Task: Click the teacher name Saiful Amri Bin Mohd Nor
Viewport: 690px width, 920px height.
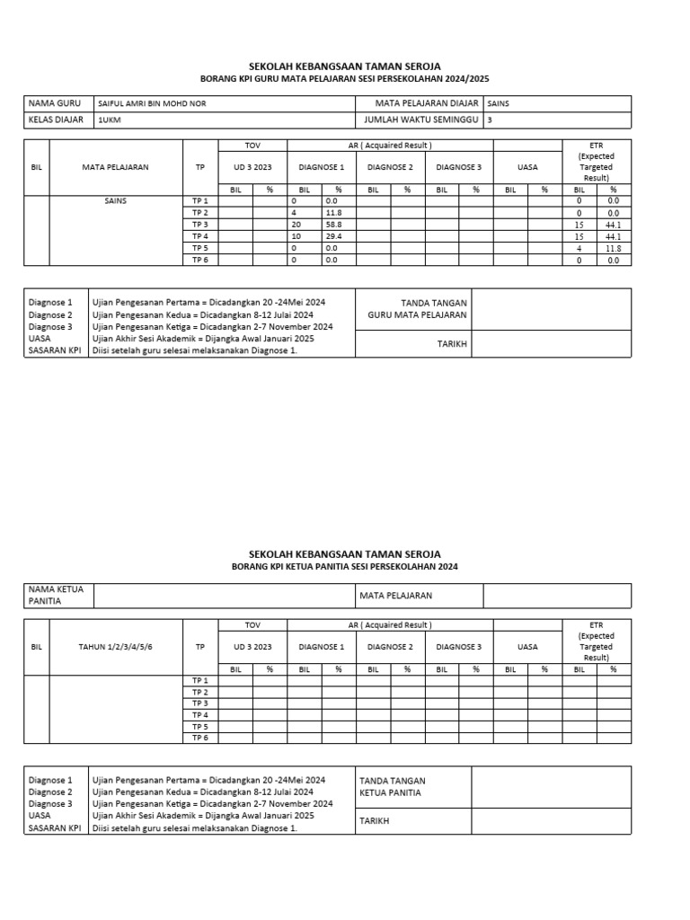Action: pyautogui.click(x=151, y=104)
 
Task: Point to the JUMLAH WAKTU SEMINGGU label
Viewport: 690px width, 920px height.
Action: pyautogui.click(x=420, y=119)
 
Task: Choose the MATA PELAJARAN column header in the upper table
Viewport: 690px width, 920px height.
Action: pyautogui.click(x=115, y=167)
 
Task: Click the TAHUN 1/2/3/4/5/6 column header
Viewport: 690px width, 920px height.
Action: pyautogui.click(x=115, y=647)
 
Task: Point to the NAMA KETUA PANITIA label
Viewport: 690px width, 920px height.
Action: pyautogui.click(x=57, y=596)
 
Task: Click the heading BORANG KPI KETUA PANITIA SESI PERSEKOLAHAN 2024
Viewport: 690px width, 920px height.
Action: pyautogui.click(x=345, y=568)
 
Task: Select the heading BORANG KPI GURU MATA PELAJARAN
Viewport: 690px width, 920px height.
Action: pyautogui.click(x=345, y=79)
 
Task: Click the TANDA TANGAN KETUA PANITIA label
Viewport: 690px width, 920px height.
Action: pyautogui.click(x=393, y=787)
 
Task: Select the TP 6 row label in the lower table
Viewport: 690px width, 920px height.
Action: pyautogui.click(x=199, y=738)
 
